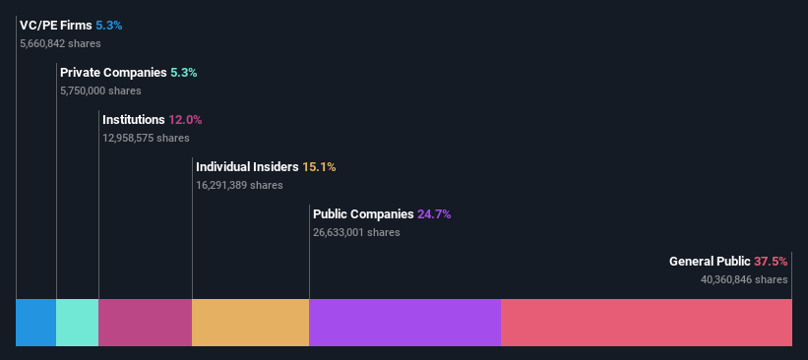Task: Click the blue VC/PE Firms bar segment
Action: coord(35,323)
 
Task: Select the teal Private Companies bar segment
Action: coord(77,323)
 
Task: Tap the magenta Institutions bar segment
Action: coord(145,323)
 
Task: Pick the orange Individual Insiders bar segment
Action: coord(250,323)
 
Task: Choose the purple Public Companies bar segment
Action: coord(404,323)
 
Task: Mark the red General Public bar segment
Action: coord(646,323)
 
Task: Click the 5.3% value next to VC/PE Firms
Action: coord(109,25)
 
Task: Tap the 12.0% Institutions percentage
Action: coord(185,119)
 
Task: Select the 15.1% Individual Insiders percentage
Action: coord(319,166)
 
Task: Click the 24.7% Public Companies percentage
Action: coord(434,213)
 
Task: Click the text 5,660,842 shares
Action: coord(59,43)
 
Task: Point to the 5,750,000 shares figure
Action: coord(100,90)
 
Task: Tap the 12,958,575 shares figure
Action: coord(146,138)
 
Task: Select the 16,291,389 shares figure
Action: coord(239,185)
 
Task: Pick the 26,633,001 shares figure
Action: coord(356,232)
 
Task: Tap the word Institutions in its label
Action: coord(133,119)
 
